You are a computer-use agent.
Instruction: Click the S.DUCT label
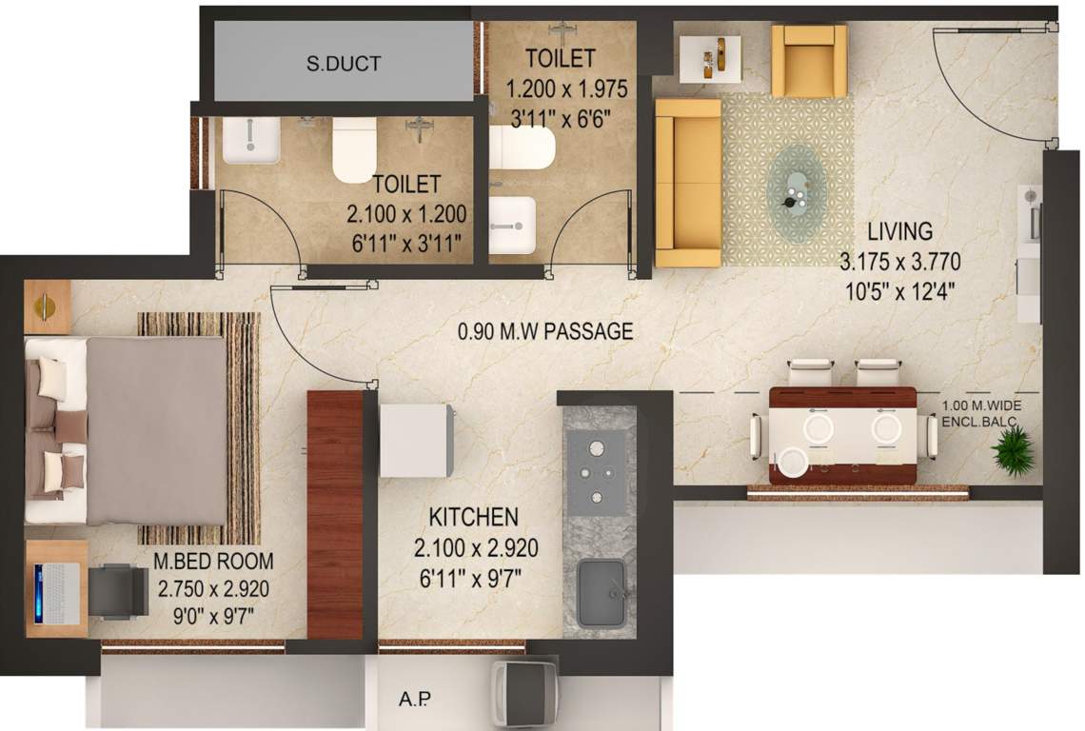(x=344, y=64)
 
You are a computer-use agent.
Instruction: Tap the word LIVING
(x=899, y=231)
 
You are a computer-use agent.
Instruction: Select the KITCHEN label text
(x=473, y=518)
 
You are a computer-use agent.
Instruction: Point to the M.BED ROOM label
(x=213, y=562)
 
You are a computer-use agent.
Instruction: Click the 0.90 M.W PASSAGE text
(x=545, y=332)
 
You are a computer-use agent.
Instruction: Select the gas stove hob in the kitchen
(x=597, y=469)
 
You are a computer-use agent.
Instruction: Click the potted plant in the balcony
(x=1013, y=450)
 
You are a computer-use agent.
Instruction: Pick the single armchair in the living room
(x=809, y=60)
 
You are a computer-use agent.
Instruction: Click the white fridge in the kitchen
(x=416, y=440)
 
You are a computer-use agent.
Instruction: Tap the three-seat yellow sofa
(x=688, y=182)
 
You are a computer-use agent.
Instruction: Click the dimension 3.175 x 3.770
(x=899, y=262)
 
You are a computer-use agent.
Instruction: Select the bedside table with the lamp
(x=47, y=306)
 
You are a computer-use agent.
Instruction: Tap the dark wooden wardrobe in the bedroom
(x=335, y=514)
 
